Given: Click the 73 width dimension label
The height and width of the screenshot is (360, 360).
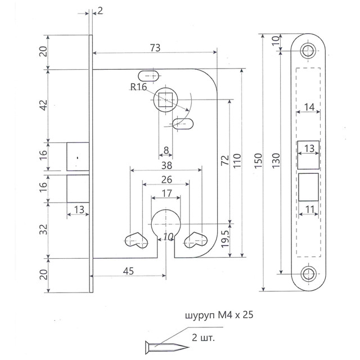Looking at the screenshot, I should point(155,48).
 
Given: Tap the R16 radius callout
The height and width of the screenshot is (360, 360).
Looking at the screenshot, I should point(138,87).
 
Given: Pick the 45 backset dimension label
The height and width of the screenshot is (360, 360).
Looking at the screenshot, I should point(128,271).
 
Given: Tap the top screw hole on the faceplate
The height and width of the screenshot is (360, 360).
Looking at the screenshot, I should point(307,49).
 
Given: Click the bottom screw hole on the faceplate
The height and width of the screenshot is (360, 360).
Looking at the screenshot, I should point(307,274).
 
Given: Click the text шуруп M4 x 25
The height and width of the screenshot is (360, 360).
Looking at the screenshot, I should point(220,316).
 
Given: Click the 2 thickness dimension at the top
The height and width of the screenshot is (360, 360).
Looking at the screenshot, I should point(100,11).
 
